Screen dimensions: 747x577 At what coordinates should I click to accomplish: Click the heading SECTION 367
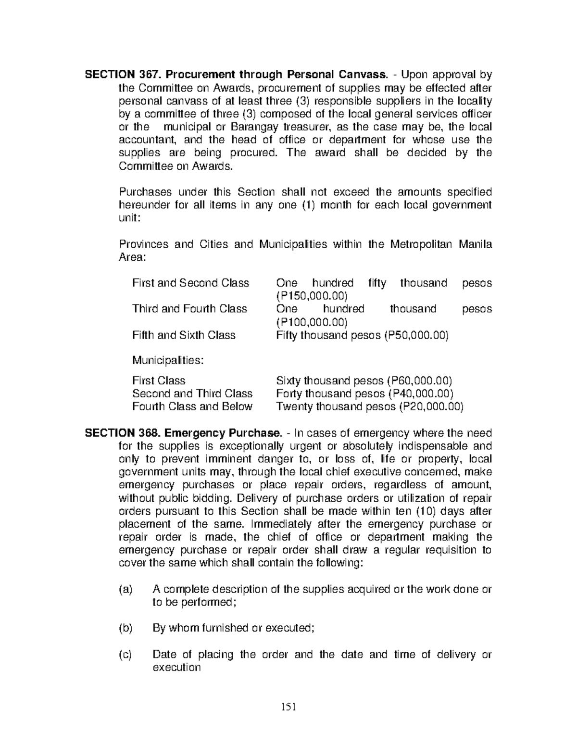(x=117, y=75)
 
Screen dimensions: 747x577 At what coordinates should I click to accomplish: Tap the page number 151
(x=288, y=708)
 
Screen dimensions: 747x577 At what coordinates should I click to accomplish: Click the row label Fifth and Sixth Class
(x=184, y=335)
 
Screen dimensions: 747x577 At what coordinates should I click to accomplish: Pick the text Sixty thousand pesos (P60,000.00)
(x=364, y=381)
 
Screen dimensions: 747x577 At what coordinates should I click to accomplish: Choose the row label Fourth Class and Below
(x=192, y=407)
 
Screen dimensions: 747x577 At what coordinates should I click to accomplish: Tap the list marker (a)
(x=125, y=590)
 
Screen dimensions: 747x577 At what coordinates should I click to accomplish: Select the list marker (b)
(x=125, y=628)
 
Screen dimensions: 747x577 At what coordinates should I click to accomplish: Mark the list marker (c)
(x=125, y=655)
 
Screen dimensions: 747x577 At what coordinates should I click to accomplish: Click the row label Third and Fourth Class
(x=189, y=309)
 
